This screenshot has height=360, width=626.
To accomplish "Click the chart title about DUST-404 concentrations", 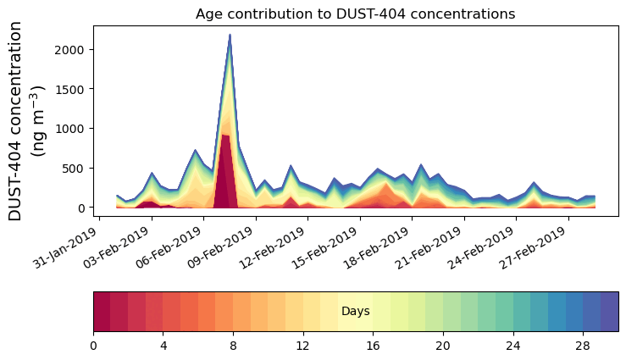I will pos(355,14).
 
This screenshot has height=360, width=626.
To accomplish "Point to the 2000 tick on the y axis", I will pos(67,49).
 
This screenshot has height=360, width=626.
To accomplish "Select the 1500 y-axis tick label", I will pos(67,89).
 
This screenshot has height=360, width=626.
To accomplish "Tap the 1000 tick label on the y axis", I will pos(67,129).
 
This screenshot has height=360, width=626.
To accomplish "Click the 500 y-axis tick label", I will pos(70,168).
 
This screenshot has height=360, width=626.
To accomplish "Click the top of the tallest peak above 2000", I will pos(230,36).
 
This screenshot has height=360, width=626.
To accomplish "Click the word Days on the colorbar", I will pos(355,312).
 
